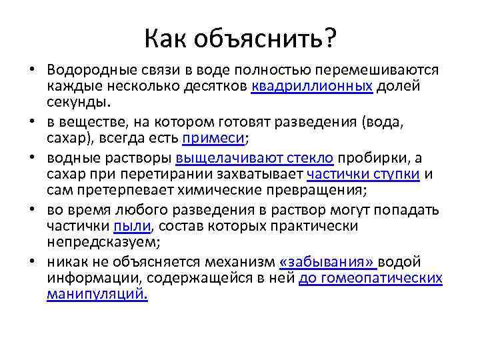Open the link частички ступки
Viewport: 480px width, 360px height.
coord(363,174)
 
